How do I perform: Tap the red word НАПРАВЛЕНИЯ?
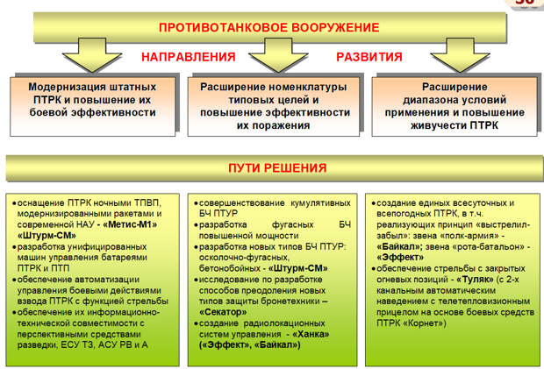tap(189, 57)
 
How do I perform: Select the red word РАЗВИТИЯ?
tap(369, 57)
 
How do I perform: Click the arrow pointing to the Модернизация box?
tap(92, 55)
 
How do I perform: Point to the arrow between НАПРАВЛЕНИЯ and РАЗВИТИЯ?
tap(278, 55)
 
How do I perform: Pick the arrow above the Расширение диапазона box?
tap(460, 55)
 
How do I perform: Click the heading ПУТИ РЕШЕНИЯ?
tap(277, 168)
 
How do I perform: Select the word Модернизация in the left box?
tap(63, 87)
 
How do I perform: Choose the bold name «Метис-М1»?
tap(130, 224)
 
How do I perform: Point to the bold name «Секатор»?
tap(223, 312)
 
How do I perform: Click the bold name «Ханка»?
tap(311, 334)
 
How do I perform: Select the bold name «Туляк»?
tap(475, 280)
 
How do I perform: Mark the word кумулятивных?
tap(320, 203)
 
